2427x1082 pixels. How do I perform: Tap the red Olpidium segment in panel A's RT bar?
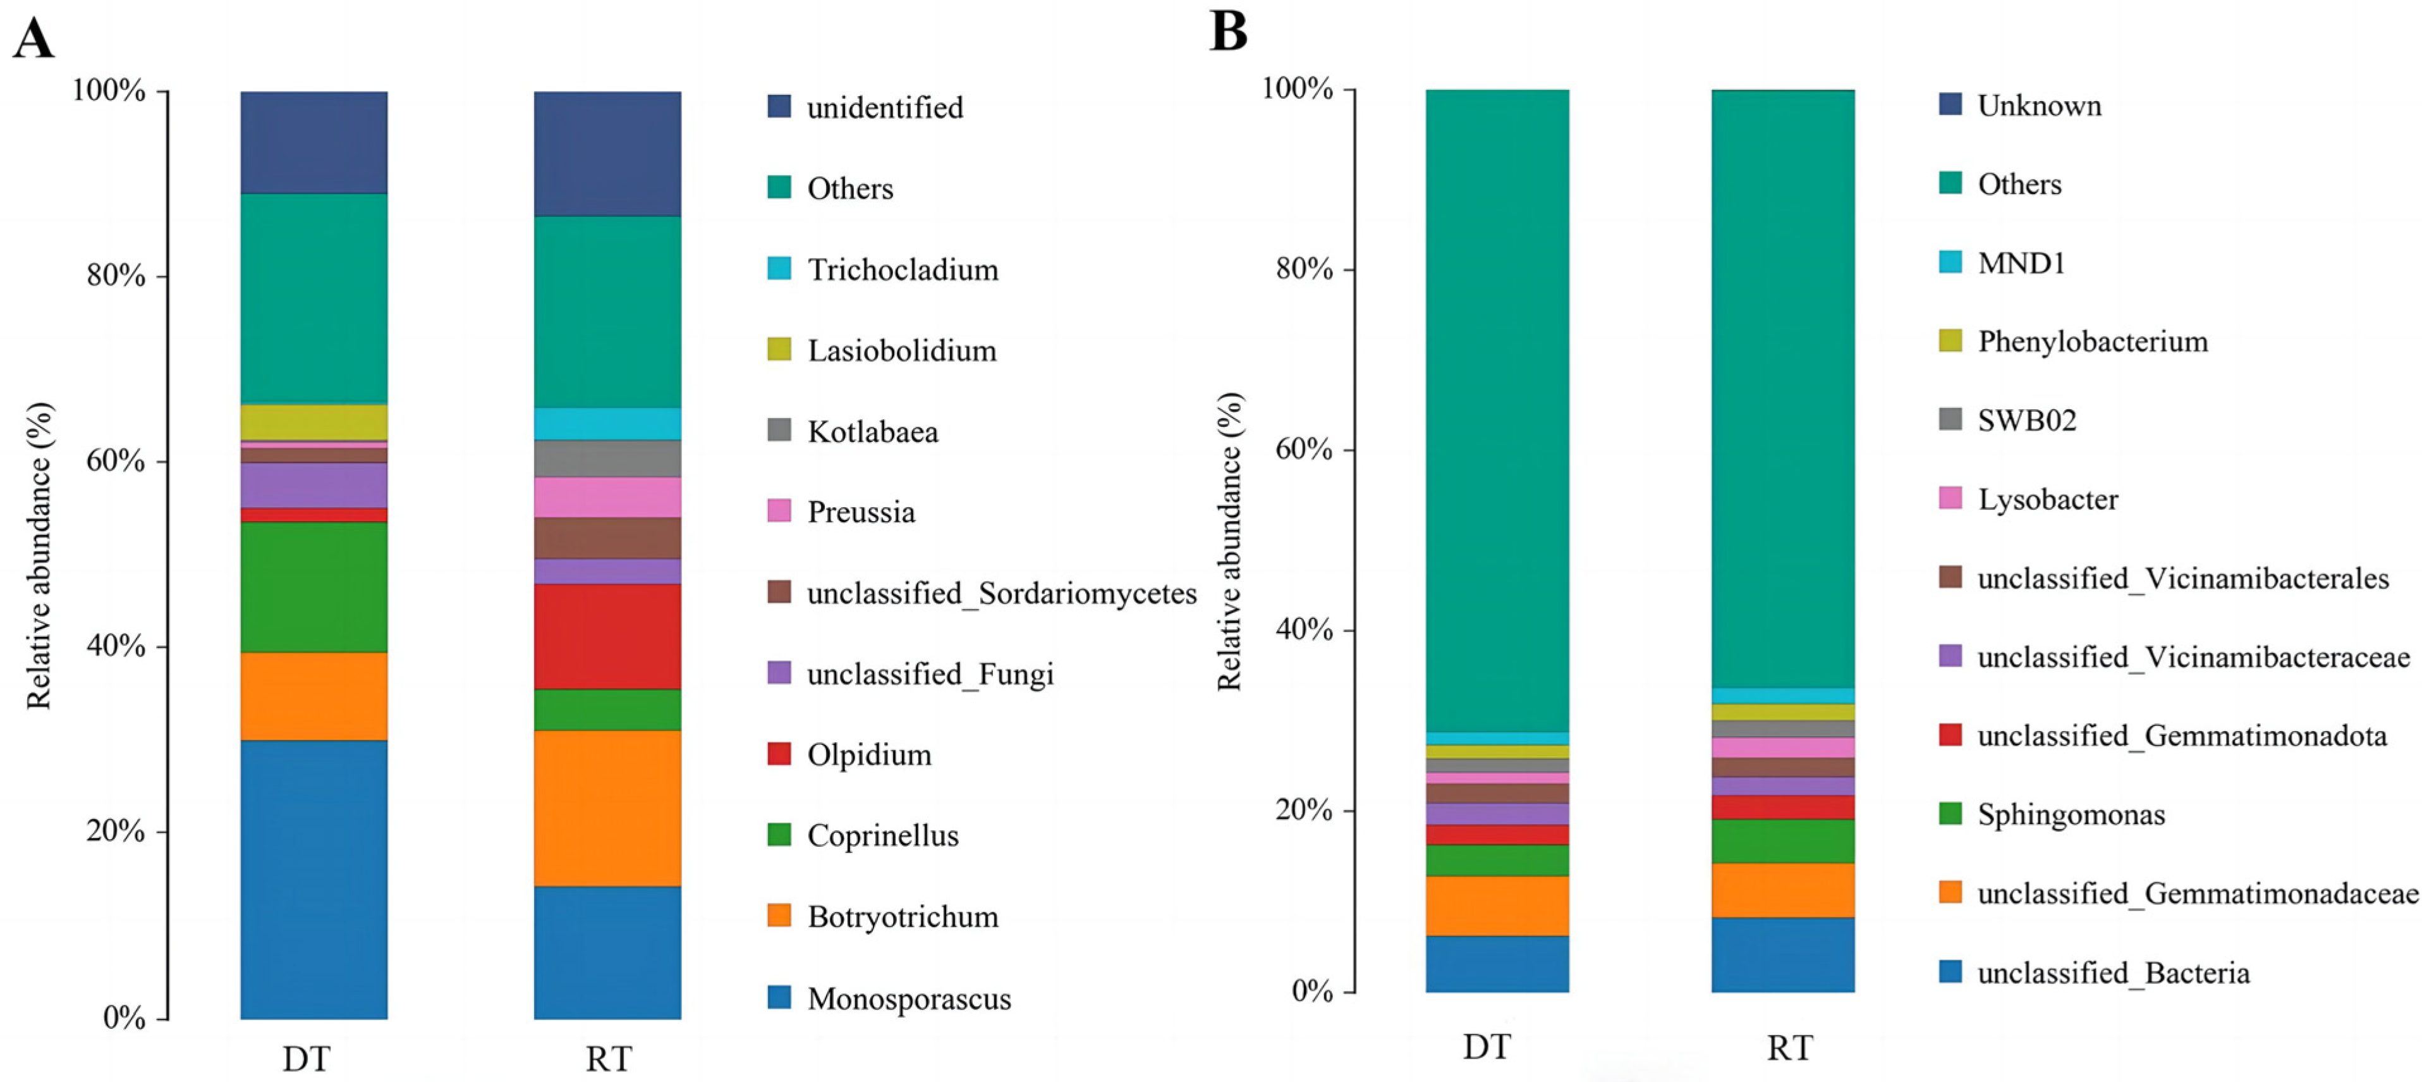coord(607,636)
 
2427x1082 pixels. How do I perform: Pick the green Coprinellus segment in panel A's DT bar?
coord(313,586)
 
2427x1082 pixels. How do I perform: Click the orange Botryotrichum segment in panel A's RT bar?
coord(607,808)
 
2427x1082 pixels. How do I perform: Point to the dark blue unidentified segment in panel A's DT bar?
coord(313,142)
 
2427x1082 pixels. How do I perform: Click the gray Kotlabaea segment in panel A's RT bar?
coord(607,458)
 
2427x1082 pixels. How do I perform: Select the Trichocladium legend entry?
coord(902,269)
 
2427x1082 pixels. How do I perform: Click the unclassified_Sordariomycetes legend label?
coord(1001,593)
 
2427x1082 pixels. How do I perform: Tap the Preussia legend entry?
coord(860,512)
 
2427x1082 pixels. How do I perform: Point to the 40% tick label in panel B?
coord(1304,629)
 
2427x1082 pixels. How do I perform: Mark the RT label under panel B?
coord(1788,1048)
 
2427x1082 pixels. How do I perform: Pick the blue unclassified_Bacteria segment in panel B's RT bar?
coord(1782,954)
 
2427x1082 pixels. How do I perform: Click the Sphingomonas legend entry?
coord(2070,815)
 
